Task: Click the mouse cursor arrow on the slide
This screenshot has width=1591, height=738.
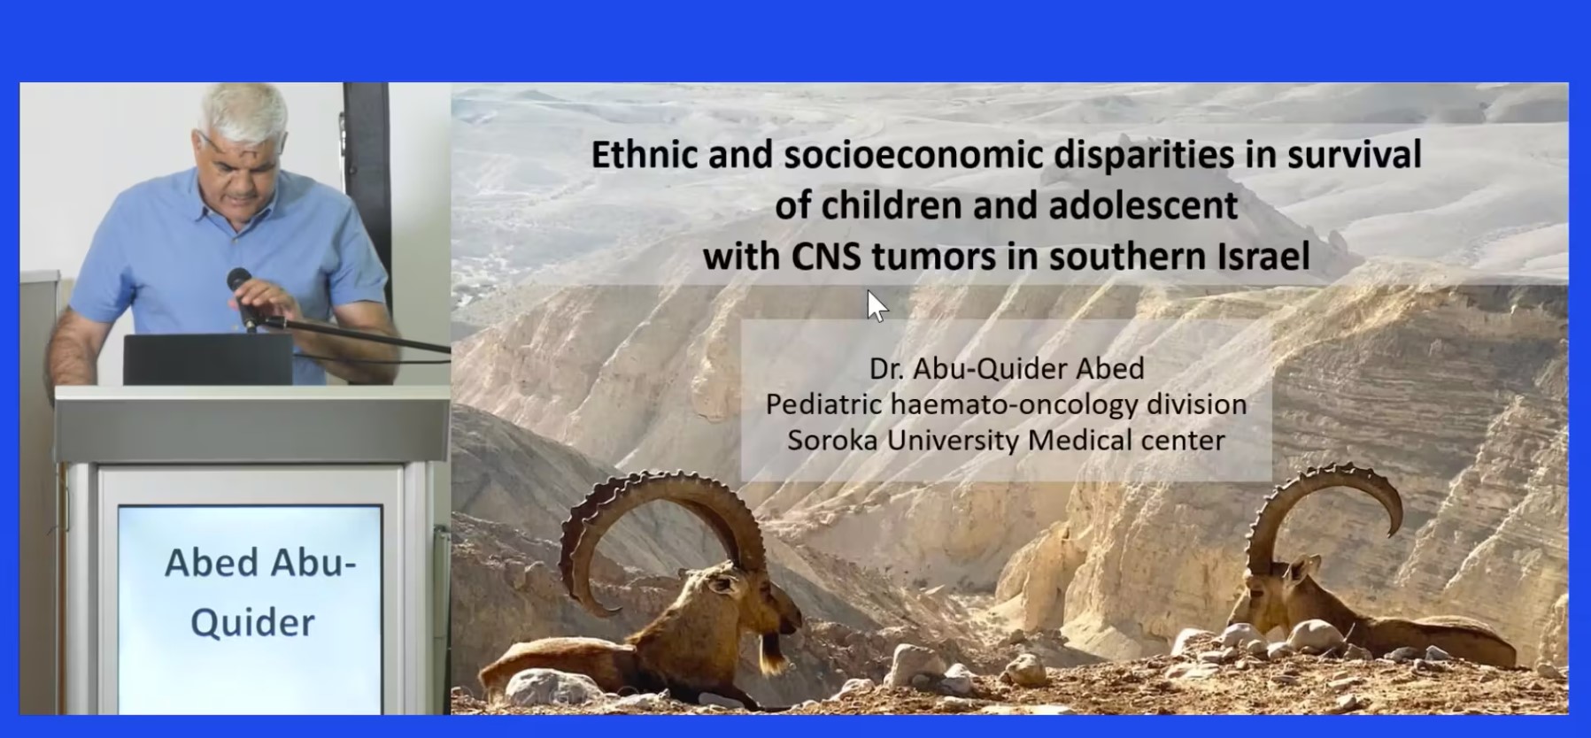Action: [876, 306]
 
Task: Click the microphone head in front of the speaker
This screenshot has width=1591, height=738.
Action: [239, 281]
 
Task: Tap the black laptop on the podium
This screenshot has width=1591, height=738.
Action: [208, 359]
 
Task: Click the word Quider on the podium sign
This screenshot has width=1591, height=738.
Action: [252, 623]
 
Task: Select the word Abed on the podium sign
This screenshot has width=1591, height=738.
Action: [212, 563]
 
